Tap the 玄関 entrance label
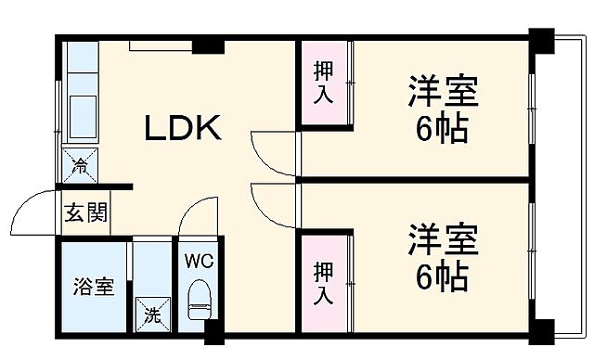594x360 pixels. point(84,212)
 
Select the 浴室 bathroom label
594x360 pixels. point(94,287)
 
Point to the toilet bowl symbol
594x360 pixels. point(199,301)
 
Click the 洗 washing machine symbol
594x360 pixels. point(150,314)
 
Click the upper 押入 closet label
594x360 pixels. point(323,83)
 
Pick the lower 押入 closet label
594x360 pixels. point(323,284)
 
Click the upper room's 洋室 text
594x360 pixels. point(441,93)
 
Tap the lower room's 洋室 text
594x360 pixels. point(441,240)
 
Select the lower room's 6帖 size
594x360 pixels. point(440,275)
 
